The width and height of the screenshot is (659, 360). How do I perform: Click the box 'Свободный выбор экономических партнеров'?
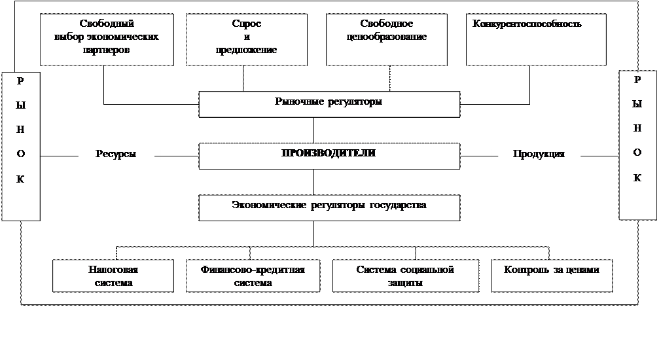pos(107,39)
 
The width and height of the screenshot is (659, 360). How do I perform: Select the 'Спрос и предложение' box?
pos(246,39)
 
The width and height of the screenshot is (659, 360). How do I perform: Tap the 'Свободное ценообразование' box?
pos(386,39)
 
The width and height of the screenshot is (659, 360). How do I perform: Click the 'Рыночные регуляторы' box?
pos(329,103)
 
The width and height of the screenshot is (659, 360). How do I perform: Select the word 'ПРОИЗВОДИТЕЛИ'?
pos(329,153)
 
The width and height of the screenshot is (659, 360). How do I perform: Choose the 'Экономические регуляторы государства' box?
pos(329,207)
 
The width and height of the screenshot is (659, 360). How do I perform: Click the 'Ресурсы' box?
pos(116,155)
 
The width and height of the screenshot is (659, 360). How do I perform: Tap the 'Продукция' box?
pos(539,155)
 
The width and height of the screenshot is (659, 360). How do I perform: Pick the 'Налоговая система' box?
pos(113,276)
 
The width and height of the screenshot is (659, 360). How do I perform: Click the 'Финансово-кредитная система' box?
pos(255,276)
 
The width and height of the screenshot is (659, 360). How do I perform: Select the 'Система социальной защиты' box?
pos(406,276)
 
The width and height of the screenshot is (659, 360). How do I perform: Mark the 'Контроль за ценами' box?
pos(552,275)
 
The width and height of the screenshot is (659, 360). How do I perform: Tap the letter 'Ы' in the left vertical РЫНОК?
pos(20,105)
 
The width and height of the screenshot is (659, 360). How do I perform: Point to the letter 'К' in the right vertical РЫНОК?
pos(637,178)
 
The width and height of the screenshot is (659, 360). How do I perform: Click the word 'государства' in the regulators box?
pos(397,206)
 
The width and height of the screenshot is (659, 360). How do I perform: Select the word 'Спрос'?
pos(246,24)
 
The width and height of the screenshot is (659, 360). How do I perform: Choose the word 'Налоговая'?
pos(113,270)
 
